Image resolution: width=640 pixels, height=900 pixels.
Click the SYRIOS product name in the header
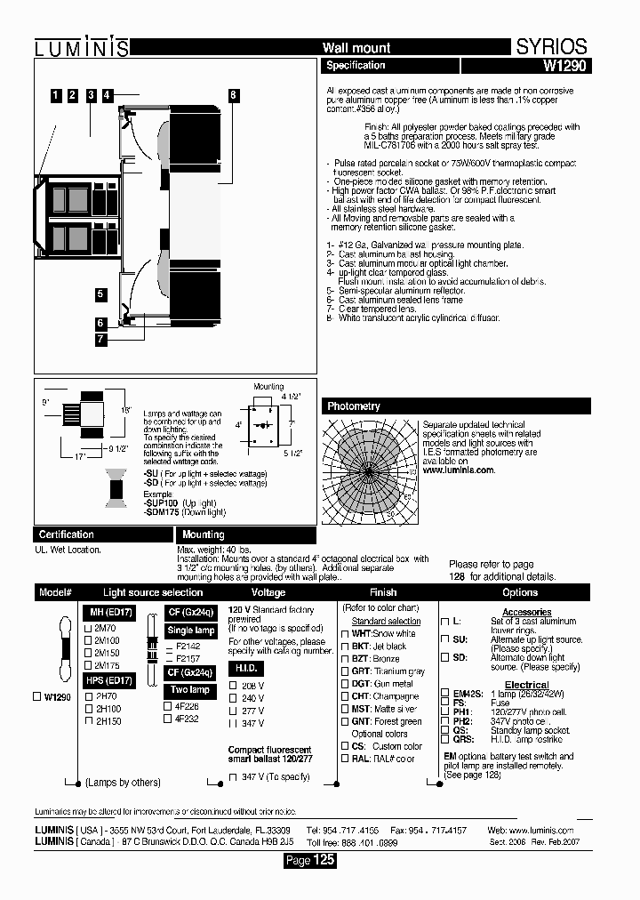[x=551, y=47]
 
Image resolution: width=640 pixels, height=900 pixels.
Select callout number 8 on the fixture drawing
[x=233, y=95]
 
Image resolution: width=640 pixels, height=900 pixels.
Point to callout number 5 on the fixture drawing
[x=100, y=294]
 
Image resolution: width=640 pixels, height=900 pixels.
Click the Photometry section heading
[x=354, y=406]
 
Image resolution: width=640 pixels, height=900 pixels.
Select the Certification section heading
[x=66, y=534]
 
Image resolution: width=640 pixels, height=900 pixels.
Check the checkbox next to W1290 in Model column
[x=37, y=697]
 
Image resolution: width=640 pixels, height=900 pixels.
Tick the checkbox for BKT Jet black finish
[x=346, y=647]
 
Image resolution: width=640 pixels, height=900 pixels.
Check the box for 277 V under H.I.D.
[x=233, y=711]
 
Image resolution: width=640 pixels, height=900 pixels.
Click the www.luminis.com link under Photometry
[x=458, y=470]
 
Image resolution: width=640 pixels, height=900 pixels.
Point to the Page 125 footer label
[x=309, y=860]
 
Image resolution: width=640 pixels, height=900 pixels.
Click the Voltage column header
[x=268, y=592]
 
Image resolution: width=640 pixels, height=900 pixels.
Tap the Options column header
[x=520, y=592]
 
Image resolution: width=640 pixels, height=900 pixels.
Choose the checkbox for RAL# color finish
[x=346, y=759]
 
